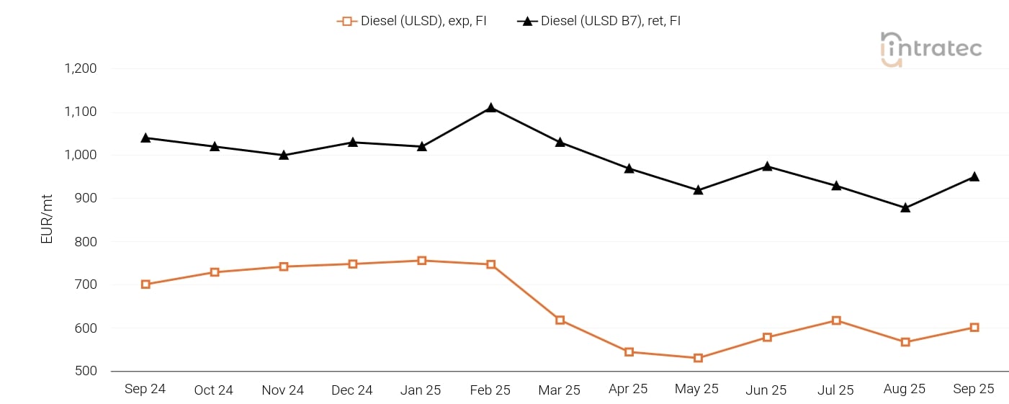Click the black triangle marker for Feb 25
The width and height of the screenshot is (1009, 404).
click(490, 108)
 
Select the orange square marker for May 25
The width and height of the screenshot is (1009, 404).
click(698, 358)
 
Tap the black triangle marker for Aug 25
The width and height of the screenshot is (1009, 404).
click(905, 207)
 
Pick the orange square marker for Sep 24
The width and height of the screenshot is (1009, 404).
click(145, 284)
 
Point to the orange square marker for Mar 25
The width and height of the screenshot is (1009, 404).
click(560, 320)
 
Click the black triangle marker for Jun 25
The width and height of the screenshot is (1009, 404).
click(767, 166)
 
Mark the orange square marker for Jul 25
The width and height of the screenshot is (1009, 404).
click(836, 320)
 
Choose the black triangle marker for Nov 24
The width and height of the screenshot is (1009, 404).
click(284, 155)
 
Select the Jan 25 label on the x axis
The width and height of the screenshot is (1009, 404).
click(421, 390)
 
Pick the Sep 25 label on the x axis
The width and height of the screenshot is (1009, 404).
click(974, 389)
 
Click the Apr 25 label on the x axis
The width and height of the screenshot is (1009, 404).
click(628, 389)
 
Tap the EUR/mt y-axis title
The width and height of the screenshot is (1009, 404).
click(47, 220)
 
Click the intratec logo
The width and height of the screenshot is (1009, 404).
click(930, 49)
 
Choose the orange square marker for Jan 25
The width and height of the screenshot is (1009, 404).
click(421, 261)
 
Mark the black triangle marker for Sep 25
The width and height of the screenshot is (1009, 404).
click(974, 176)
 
